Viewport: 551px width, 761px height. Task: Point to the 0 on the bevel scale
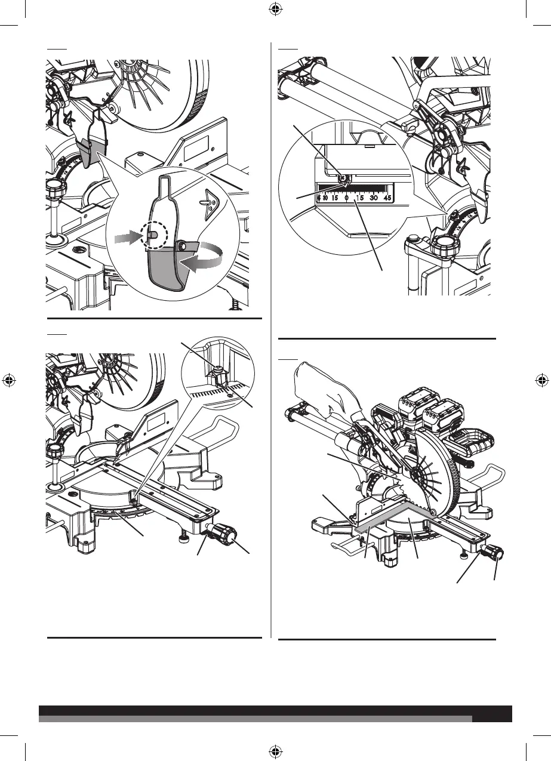point(346,198)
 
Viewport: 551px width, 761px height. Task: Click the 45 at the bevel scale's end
point(387,198)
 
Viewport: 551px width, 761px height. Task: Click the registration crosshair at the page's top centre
point(275,8)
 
